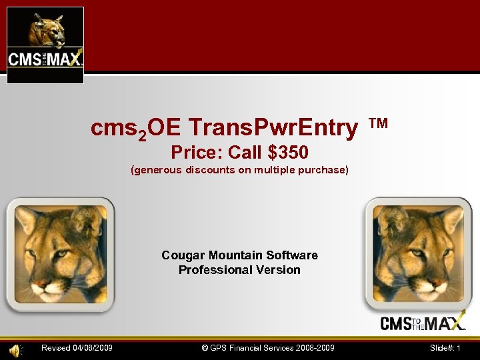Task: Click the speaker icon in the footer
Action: pos(14,348)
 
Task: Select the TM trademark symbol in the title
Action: pos(378,123)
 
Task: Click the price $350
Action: pos(287,153)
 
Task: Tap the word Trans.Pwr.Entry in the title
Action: pos(273,127)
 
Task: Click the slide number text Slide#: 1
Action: pos(445,348)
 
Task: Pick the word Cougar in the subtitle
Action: pos(183,255)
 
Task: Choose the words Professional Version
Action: pos(239,270)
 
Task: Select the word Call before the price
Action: pos(245,153)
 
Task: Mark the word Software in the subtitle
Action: pos(292,255)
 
